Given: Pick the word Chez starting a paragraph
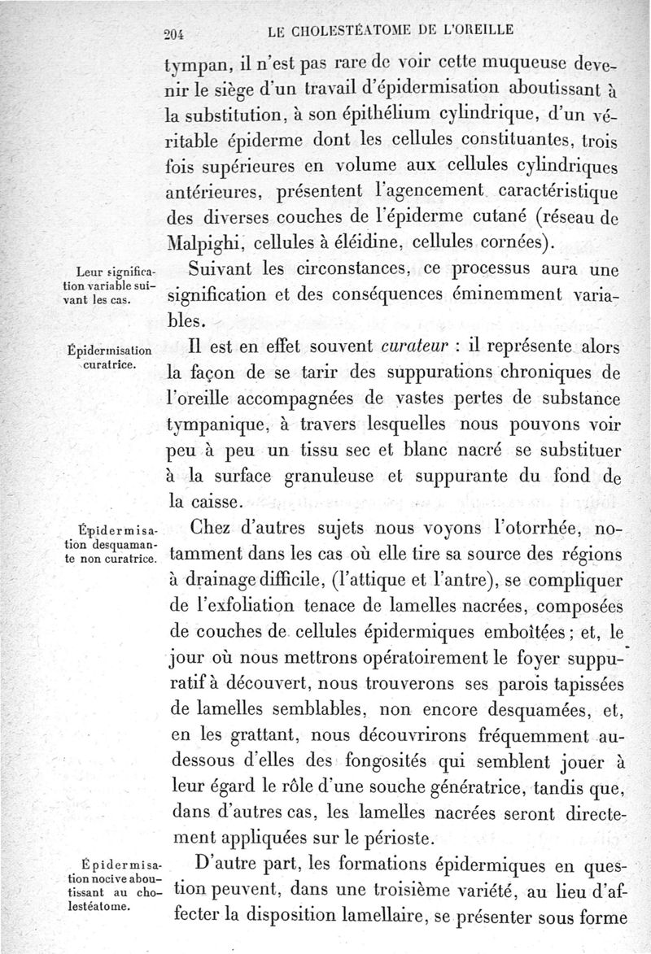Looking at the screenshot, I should pos(215,529).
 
